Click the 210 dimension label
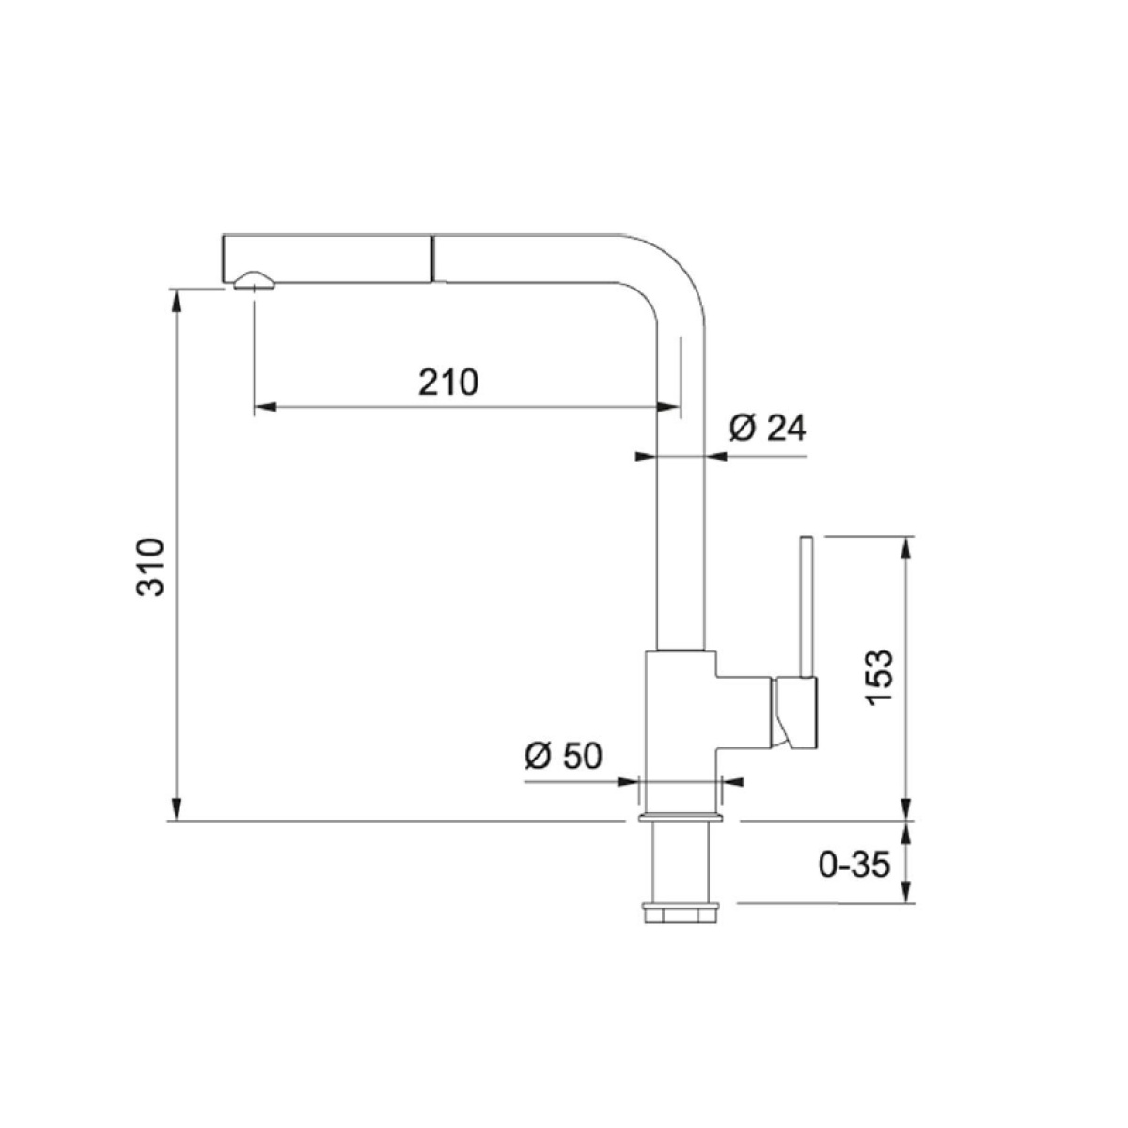(448, 382)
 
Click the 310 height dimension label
(150, 567)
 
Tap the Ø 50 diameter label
(563, 756)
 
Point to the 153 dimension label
(879, 678)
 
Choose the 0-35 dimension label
(854, 865)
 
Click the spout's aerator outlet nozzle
(254, 282)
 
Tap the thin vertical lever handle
(807, 606)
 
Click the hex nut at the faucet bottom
(681, 914)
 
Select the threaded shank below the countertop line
(681, 863)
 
